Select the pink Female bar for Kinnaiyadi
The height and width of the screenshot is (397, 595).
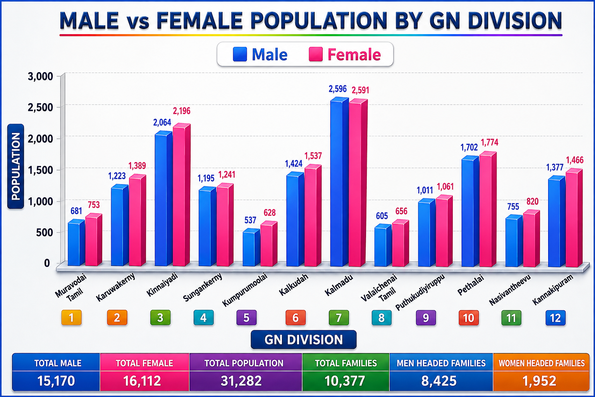coord(181,195)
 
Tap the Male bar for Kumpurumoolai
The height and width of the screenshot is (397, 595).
coord(251,247)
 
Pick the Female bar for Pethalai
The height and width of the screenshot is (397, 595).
coord(488,209)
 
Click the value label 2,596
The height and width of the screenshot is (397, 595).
coord(338,89)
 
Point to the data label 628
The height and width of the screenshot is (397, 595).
coord(270,213)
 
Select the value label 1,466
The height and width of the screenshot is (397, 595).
coord(575,160)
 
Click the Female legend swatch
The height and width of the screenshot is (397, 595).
coord(316,54)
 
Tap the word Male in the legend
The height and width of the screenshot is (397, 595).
coord(270,55)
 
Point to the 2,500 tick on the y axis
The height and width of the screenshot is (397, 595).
coord(40,108)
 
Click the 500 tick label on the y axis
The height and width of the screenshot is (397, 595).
coord(44,232)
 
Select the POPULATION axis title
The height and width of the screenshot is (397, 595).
coord(15,166)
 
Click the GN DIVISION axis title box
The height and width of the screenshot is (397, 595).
coord(304,340)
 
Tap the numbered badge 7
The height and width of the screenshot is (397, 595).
coord(339,318)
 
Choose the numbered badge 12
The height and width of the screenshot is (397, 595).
coord(555,318)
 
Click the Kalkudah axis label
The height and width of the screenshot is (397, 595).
coord(294,285)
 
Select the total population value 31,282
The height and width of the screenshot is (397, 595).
coord(241,381)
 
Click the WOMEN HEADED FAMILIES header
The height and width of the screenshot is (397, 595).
coord(542,363)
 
